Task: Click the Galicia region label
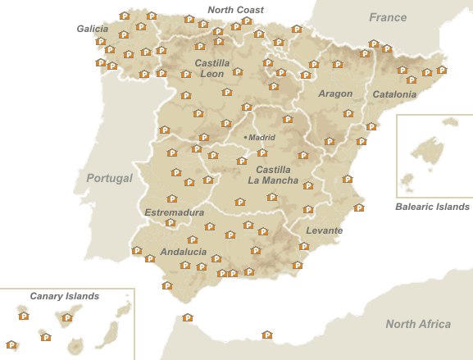pos(93,29)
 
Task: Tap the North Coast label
pos(235,10)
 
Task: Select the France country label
pos(388,17)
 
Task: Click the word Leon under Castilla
pos(212,74)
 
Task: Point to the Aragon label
pos(335,93)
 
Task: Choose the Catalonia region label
pos(394,94)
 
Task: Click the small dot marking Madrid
pos(245,137)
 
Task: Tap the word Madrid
pos(262,137)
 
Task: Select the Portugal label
pos(109,178)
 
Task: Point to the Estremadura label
pos(174,212)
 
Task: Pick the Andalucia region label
pos(184,252)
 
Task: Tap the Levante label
pos(324,230)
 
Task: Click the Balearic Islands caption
pos(432,207)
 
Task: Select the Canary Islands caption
pos(64,295)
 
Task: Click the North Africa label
pos(418,324)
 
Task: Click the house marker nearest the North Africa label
pos(266,335)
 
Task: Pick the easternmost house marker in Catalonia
pos(442,70)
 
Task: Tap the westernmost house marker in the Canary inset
pos(11,344)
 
